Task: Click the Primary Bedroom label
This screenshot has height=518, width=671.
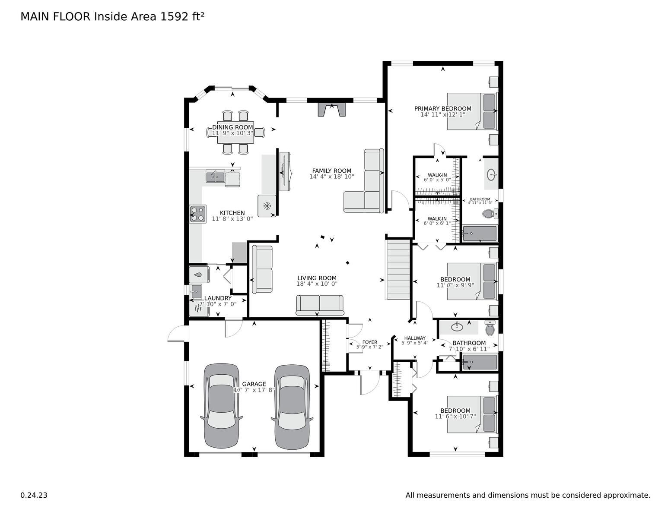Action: click(442, 109)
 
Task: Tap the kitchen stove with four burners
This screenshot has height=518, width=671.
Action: click(197, 214)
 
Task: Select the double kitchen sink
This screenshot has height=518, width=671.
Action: click(215, 177)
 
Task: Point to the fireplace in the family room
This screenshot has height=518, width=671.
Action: click(332, 110)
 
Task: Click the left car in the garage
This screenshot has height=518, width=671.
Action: click(221, 406)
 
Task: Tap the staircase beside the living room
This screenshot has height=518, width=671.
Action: click(398, 270)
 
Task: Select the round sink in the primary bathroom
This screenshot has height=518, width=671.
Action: click(491, 175)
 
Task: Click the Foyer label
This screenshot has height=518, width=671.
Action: click(369, 342)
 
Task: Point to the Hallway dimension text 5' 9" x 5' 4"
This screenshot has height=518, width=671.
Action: click(415, 343)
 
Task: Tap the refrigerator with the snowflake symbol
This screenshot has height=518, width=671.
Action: click(267, 206)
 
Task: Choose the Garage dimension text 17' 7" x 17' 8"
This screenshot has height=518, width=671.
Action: click(254, 390)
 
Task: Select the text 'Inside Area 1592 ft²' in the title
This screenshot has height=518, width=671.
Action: click(149, 17)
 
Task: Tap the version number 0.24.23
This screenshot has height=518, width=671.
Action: click(34, 495)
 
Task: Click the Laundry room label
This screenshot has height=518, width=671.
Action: click(218, 298)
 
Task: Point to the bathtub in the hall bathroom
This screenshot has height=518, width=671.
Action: click(480, 362)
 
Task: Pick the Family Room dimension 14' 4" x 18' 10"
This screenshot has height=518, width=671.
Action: click(332, 177)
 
